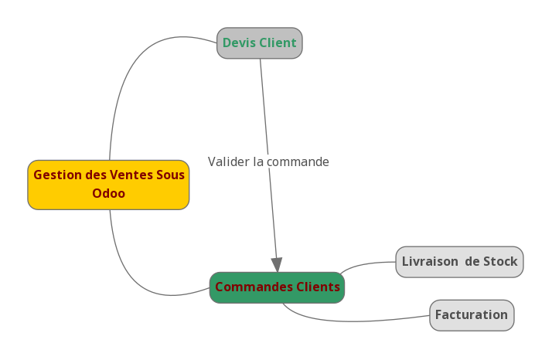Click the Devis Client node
pos(259,43)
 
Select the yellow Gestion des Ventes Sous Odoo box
pos(108,185)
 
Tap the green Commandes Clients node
pos(277,287)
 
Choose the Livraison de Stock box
pos(459,262)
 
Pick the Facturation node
pos(472,315)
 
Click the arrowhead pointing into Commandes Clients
pos(277,265)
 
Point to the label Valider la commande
pos(268,162)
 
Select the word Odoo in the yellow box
pos(108,194)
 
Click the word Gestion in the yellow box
pos(58,175)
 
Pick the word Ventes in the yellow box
pos(131,175)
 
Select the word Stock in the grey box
pos(500,262)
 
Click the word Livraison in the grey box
pos(430,262)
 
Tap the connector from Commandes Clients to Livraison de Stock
pos(367,264)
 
